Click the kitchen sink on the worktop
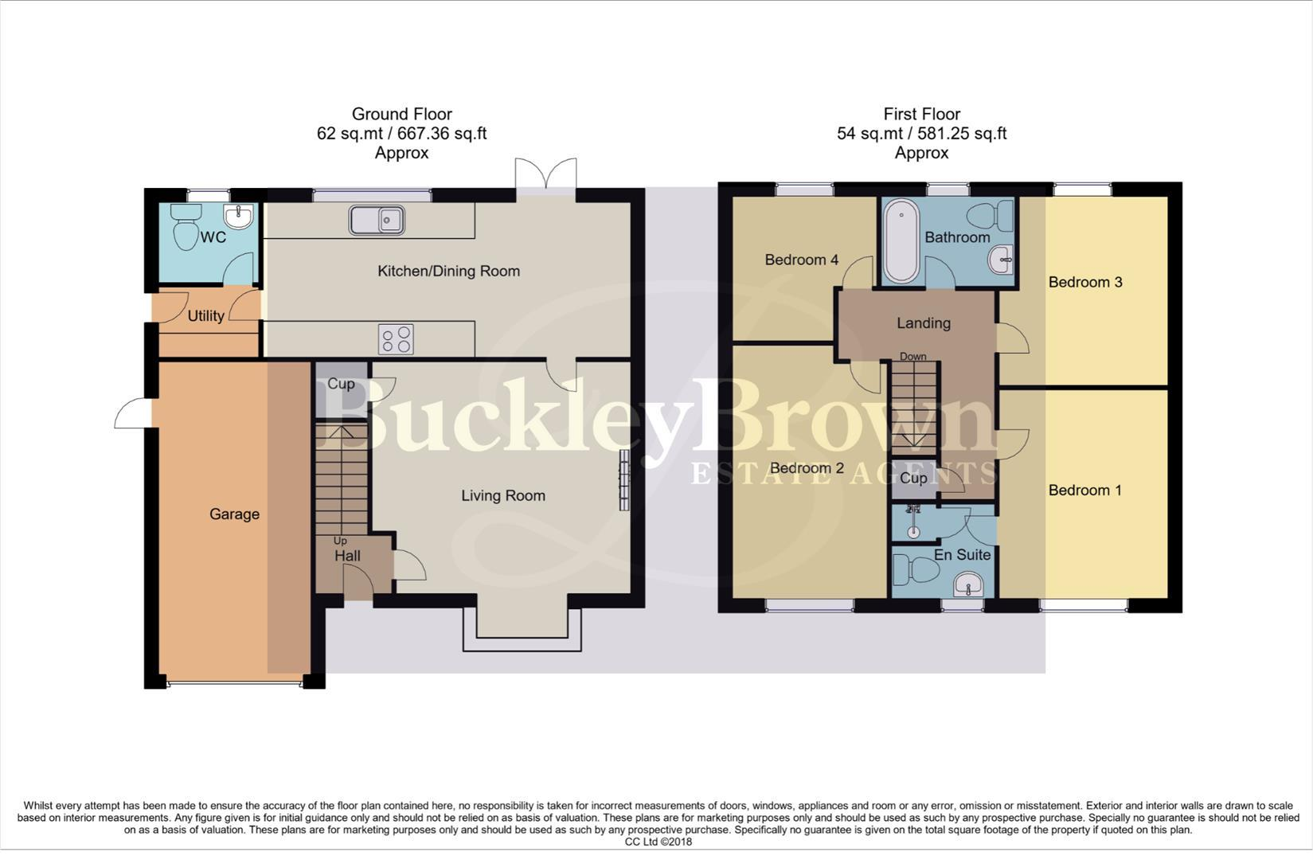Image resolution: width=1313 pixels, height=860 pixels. pyautogui.click(x=377, y=220)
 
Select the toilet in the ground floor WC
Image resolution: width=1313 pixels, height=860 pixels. pyautogui.click(x=186, y=227)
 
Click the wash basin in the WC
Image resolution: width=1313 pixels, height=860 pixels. pyautogui.click(x=239, y=217)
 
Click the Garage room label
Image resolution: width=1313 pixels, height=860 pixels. pyautogui.click(x=234, y=514)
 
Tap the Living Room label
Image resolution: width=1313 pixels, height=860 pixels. pyautogui.click(x=503, y=496)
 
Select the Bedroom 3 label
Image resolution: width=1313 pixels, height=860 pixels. pyautogui.click(x=1084, y=283)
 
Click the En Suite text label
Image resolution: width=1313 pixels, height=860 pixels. pyautogui.click(x=962, y=555)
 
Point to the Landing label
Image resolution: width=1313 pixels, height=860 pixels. pyautogui.click(x=923, y=323)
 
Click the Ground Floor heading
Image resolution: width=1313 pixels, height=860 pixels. pyautogui.click(x=401, y=115)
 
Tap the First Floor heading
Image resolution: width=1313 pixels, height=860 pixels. pyautogui.click(x=921, y=115)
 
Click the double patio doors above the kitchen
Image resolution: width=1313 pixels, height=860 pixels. pyautogui.click(x=545, y=173)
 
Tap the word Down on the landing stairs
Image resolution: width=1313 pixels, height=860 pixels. pyautogui.click(x=912, y=357)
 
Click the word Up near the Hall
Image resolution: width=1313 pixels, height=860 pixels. pyautogui.click(x=340, y=541)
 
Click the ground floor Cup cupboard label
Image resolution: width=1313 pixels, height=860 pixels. pyautogui.click(x=341, y=385)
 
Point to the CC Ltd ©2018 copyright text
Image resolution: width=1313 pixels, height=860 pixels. pyautogui.click(x=658, y=842)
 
